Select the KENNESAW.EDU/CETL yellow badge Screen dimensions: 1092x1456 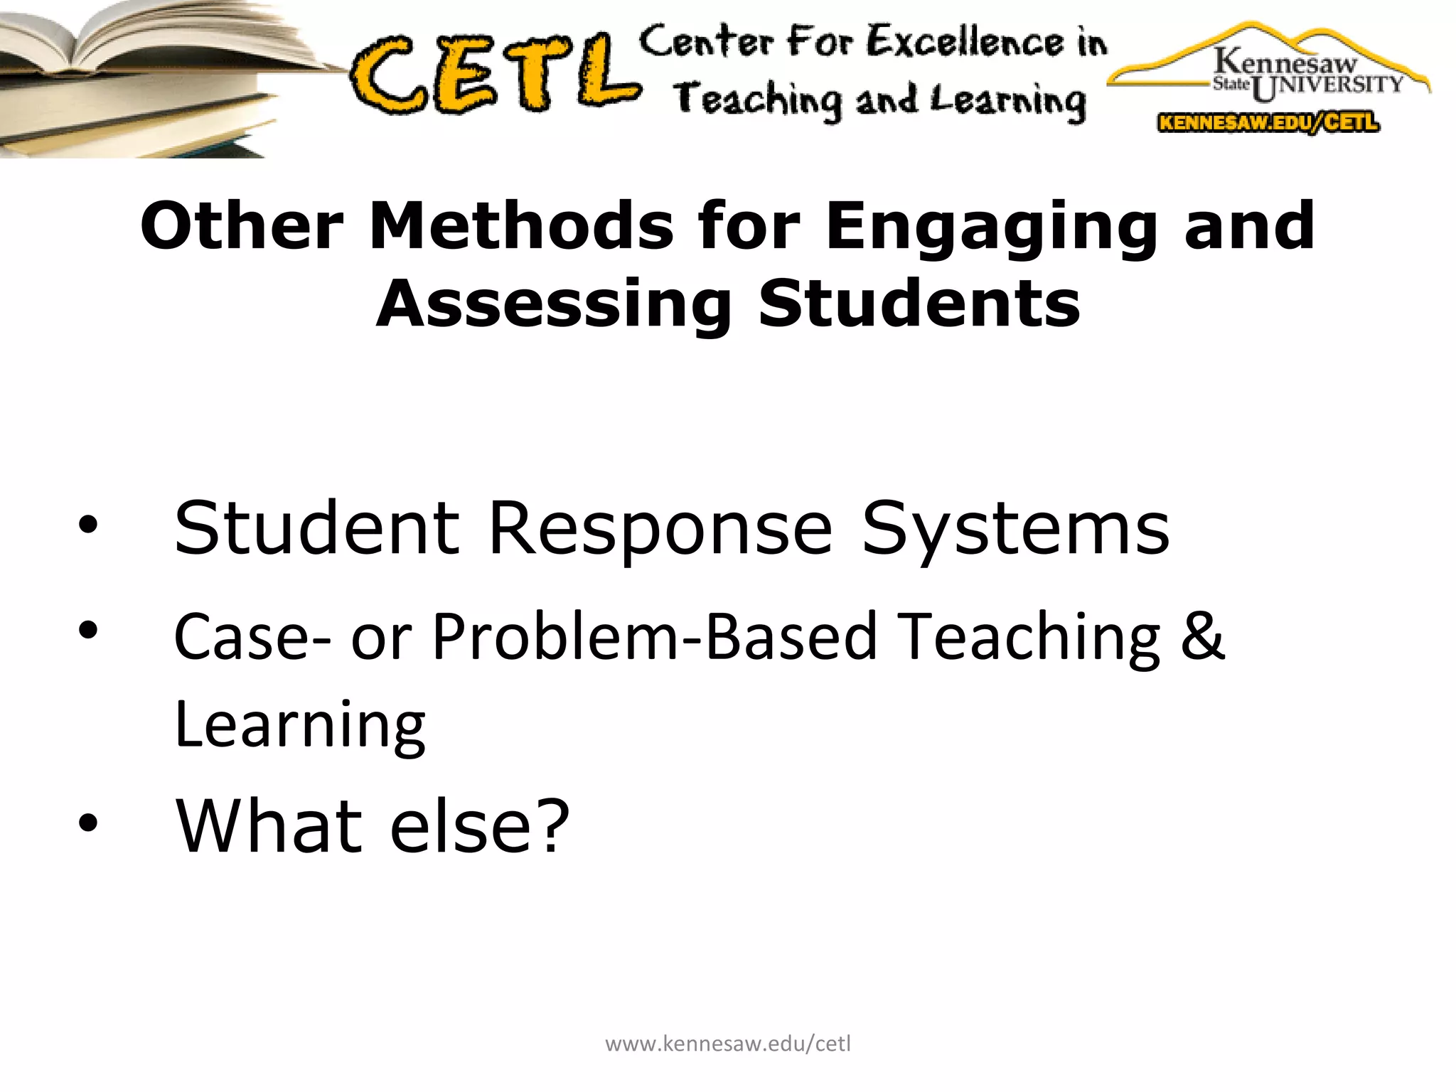tap(1268, 122)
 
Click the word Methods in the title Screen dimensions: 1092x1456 tap(521, 226)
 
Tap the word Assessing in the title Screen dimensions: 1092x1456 tap(554, 304)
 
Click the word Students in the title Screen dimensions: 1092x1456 tap(919, 304)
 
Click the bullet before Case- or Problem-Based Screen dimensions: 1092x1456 tap(88, 630)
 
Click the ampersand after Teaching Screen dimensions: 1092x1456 tap(1203, 635)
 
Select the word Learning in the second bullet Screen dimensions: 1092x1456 tap(299, 724)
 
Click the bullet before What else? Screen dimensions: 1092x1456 tap(88, 824)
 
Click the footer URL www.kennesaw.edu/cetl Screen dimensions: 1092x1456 tap(728, 1044)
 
